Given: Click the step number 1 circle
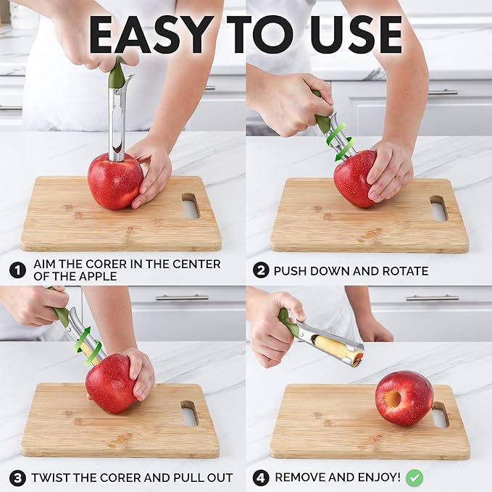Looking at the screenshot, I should click(x=17, y=270).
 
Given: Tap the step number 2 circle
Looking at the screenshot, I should click(x=261, y=270).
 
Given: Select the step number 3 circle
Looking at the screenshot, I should click(x=17, y=478).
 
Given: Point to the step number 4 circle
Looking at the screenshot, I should click(x=261, y=478).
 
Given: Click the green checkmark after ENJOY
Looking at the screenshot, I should click(x=414, y=477).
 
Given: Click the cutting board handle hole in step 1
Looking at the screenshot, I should click(x=190, y=207).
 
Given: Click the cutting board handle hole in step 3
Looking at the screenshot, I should click(x=188, y=412).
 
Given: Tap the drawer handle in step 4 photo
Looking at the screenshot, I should click(x=431, y=298).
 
